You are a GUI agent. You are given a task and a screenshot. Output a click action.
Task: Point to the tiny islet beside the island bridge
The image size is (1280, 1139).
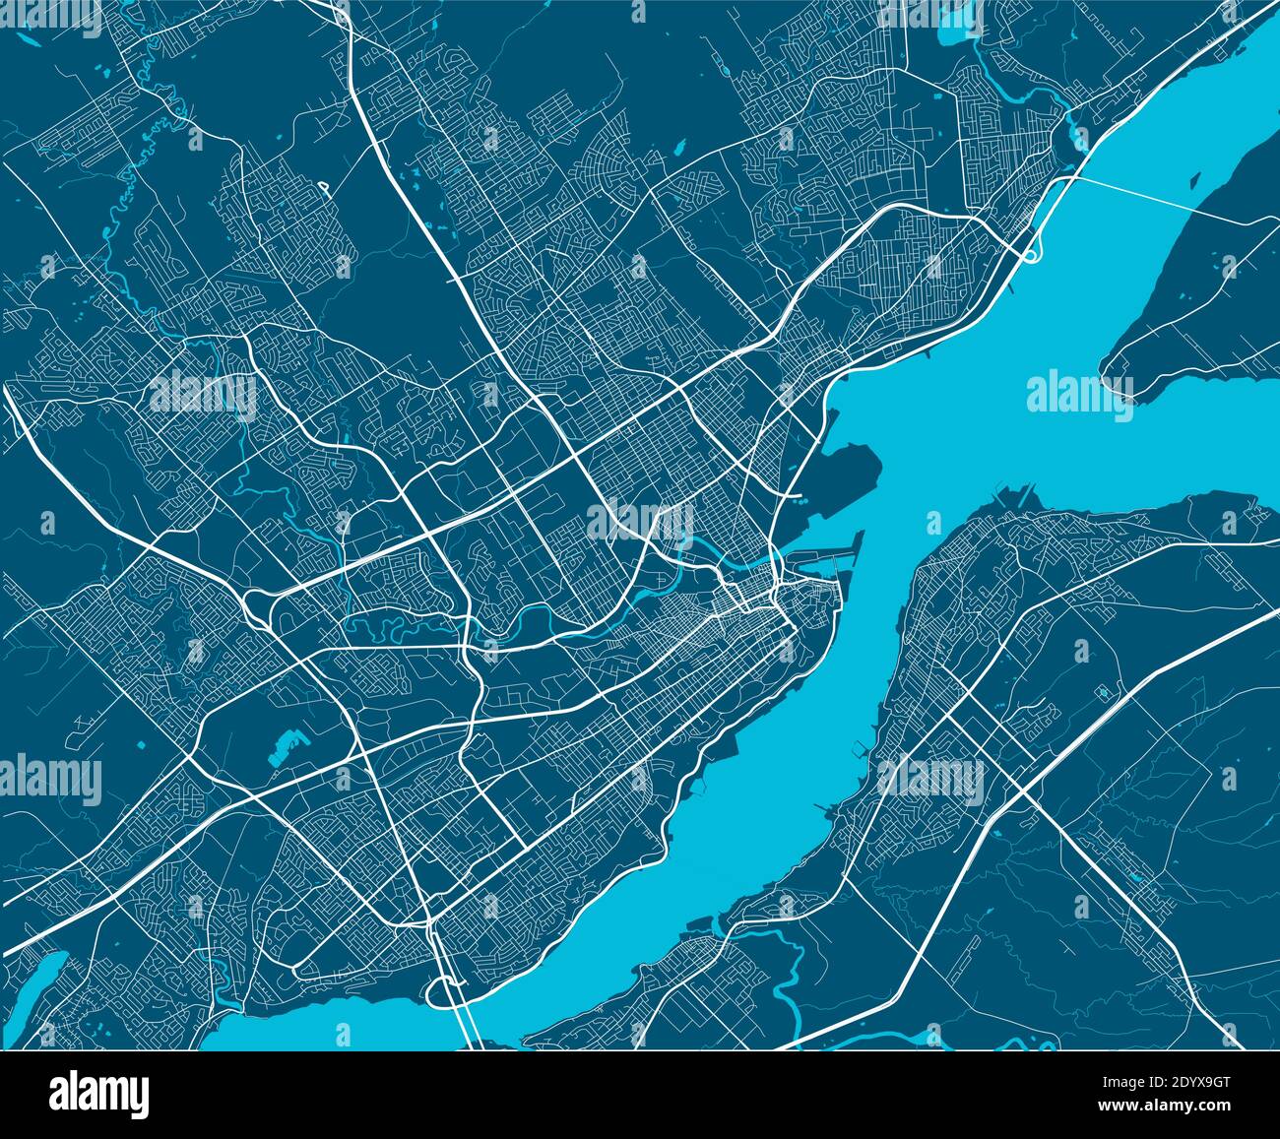click(x=1194, y=182)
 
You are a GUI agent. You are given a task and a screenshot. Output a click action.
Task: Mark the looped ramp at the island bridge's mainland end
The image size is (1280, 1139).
click(x=1030, y=256)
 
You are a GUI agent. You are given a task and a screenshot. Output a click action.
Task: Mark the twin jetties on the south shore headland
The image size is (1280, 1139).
click(x=1014, y=490)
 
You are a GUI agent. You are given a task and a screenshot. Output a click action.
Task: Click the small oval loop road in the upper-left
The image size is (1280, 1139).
click(x=323, y=185)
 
